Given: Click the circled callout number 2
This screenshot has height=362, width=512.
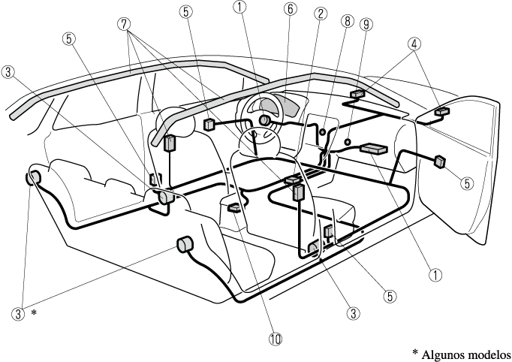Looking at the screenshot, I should pos(320,14).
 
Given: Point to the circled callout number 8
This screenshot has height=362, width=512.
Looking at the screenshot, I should pos(346,23).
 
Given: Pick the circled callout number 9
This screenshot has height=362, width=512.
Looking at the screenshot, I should pos(366,24).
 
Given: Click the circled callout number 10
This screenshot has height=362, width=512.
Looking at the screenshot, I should pos(276,339).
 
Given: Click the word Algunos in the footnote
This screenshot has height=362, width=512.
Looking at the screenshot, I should pos(453,354).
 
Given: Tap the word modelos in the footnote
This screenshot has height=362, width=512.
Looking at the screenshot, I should pos(492,354).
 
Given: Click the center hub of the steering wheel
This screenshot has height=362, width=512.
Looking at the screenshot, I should pos(264,120).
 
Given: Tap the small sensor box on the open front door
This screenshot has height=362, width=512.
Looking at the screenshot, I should pos(440,160).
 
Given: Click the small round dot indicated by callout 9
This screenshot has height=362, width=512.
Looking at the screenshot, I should pos(348,141).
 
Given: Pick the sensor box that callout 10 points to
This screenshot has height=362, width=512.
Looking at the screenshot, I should pos(235,208).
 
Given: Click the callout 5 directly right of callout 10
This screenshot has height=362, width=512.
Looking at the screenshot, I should pos(389,295).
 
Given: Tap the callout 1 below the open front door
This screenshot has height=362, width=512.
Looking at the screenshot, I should pos(435,274).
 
